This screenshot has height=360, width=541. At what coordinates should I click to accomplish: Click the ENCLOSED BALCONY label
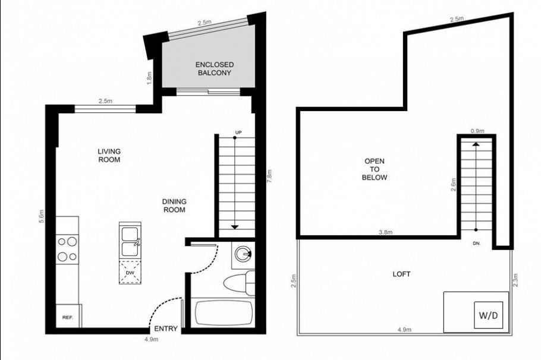(x=215, y=68)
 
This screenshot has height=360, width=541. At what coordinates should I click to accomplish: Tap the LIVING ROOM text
(x=109, y=156)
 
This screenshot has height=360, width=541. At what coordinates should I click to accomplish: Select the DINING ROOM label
(x=174, y=206)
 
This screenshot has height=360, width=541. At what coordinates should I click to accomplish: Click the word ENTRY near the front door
(x=165, y=329)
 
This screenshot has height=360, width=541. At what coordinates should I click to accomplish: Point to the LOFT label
(x=401, y=274)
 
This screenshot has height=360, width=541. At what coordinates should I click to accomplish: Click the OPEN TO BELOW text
(x=375, y=169)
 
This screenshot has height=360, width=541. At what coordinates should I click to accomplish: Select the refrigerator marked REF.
(x=67, y=317)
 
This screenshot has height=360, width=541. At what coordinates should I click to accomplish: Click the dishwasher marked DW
(x=129, y=273)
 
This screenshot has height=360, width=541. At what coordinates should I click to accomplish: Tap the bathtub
(x=224, y=313)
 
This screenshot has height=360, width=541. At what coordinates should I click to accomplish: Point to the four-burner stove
(x=68, y=249)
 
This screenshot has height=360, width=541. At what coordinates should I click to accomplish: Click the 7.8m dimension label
(x=269, y=176)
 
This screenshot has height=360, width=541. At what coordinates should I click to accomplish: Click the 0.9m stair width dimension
(x=477, y=131)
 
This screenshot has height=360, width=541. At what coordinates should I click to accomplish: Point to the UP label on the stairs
(x=238, y=132)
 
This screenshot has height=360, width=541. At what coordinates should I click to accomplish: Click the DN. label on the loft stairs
(x=477, y=243)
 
